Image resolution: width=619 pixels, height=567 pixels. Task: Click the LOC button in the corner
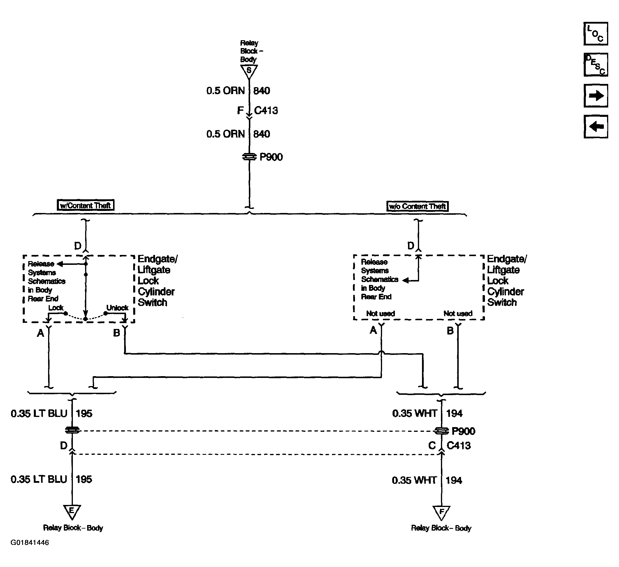tap(596, 34)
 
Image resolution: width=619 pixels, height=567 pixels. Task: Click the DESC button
tap(596, 65)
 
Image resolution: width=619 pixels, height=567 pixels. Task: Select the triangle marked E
tap(72, 512)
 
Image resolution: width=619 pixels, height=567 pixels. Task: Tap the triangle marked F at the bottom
tap(442, 513)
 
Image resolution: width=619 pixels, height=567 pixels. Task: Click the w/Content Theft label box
tap(86, 205)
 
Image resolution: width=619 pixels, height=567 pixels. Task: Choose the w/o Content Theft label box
tap(417, 206)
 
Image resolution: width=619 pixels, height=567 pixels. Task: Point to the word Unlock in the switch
tap(117, 308)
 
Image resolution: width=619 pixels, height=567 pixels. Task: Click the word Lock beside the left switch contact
tap(56, 308)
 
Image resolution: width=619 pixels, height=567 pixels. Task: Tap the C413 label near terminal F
tap(266, 110)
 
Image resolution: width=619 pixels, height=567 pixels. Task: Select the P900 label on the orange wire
tap(271, 157)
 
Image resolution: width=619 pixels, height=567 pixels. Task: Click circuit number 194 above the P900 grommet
tap(454, 413)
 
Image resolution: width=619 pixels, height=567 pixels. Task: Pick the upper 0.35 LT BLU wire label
tap(39, 413)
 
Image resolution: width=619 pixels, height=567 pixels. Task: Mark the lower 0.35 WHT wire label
tap(414, 480)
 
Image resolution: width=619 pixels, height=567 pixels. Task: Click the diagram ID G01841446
tap(30, 543)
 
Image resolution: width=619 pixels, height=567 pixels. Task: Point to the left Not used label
tap(380, 314)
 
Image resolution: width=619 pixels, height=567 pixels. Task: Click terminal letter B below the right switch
tap(450, 331)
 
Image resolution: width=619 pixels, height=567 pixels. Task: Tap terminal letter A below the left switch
tap(41, 333)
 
